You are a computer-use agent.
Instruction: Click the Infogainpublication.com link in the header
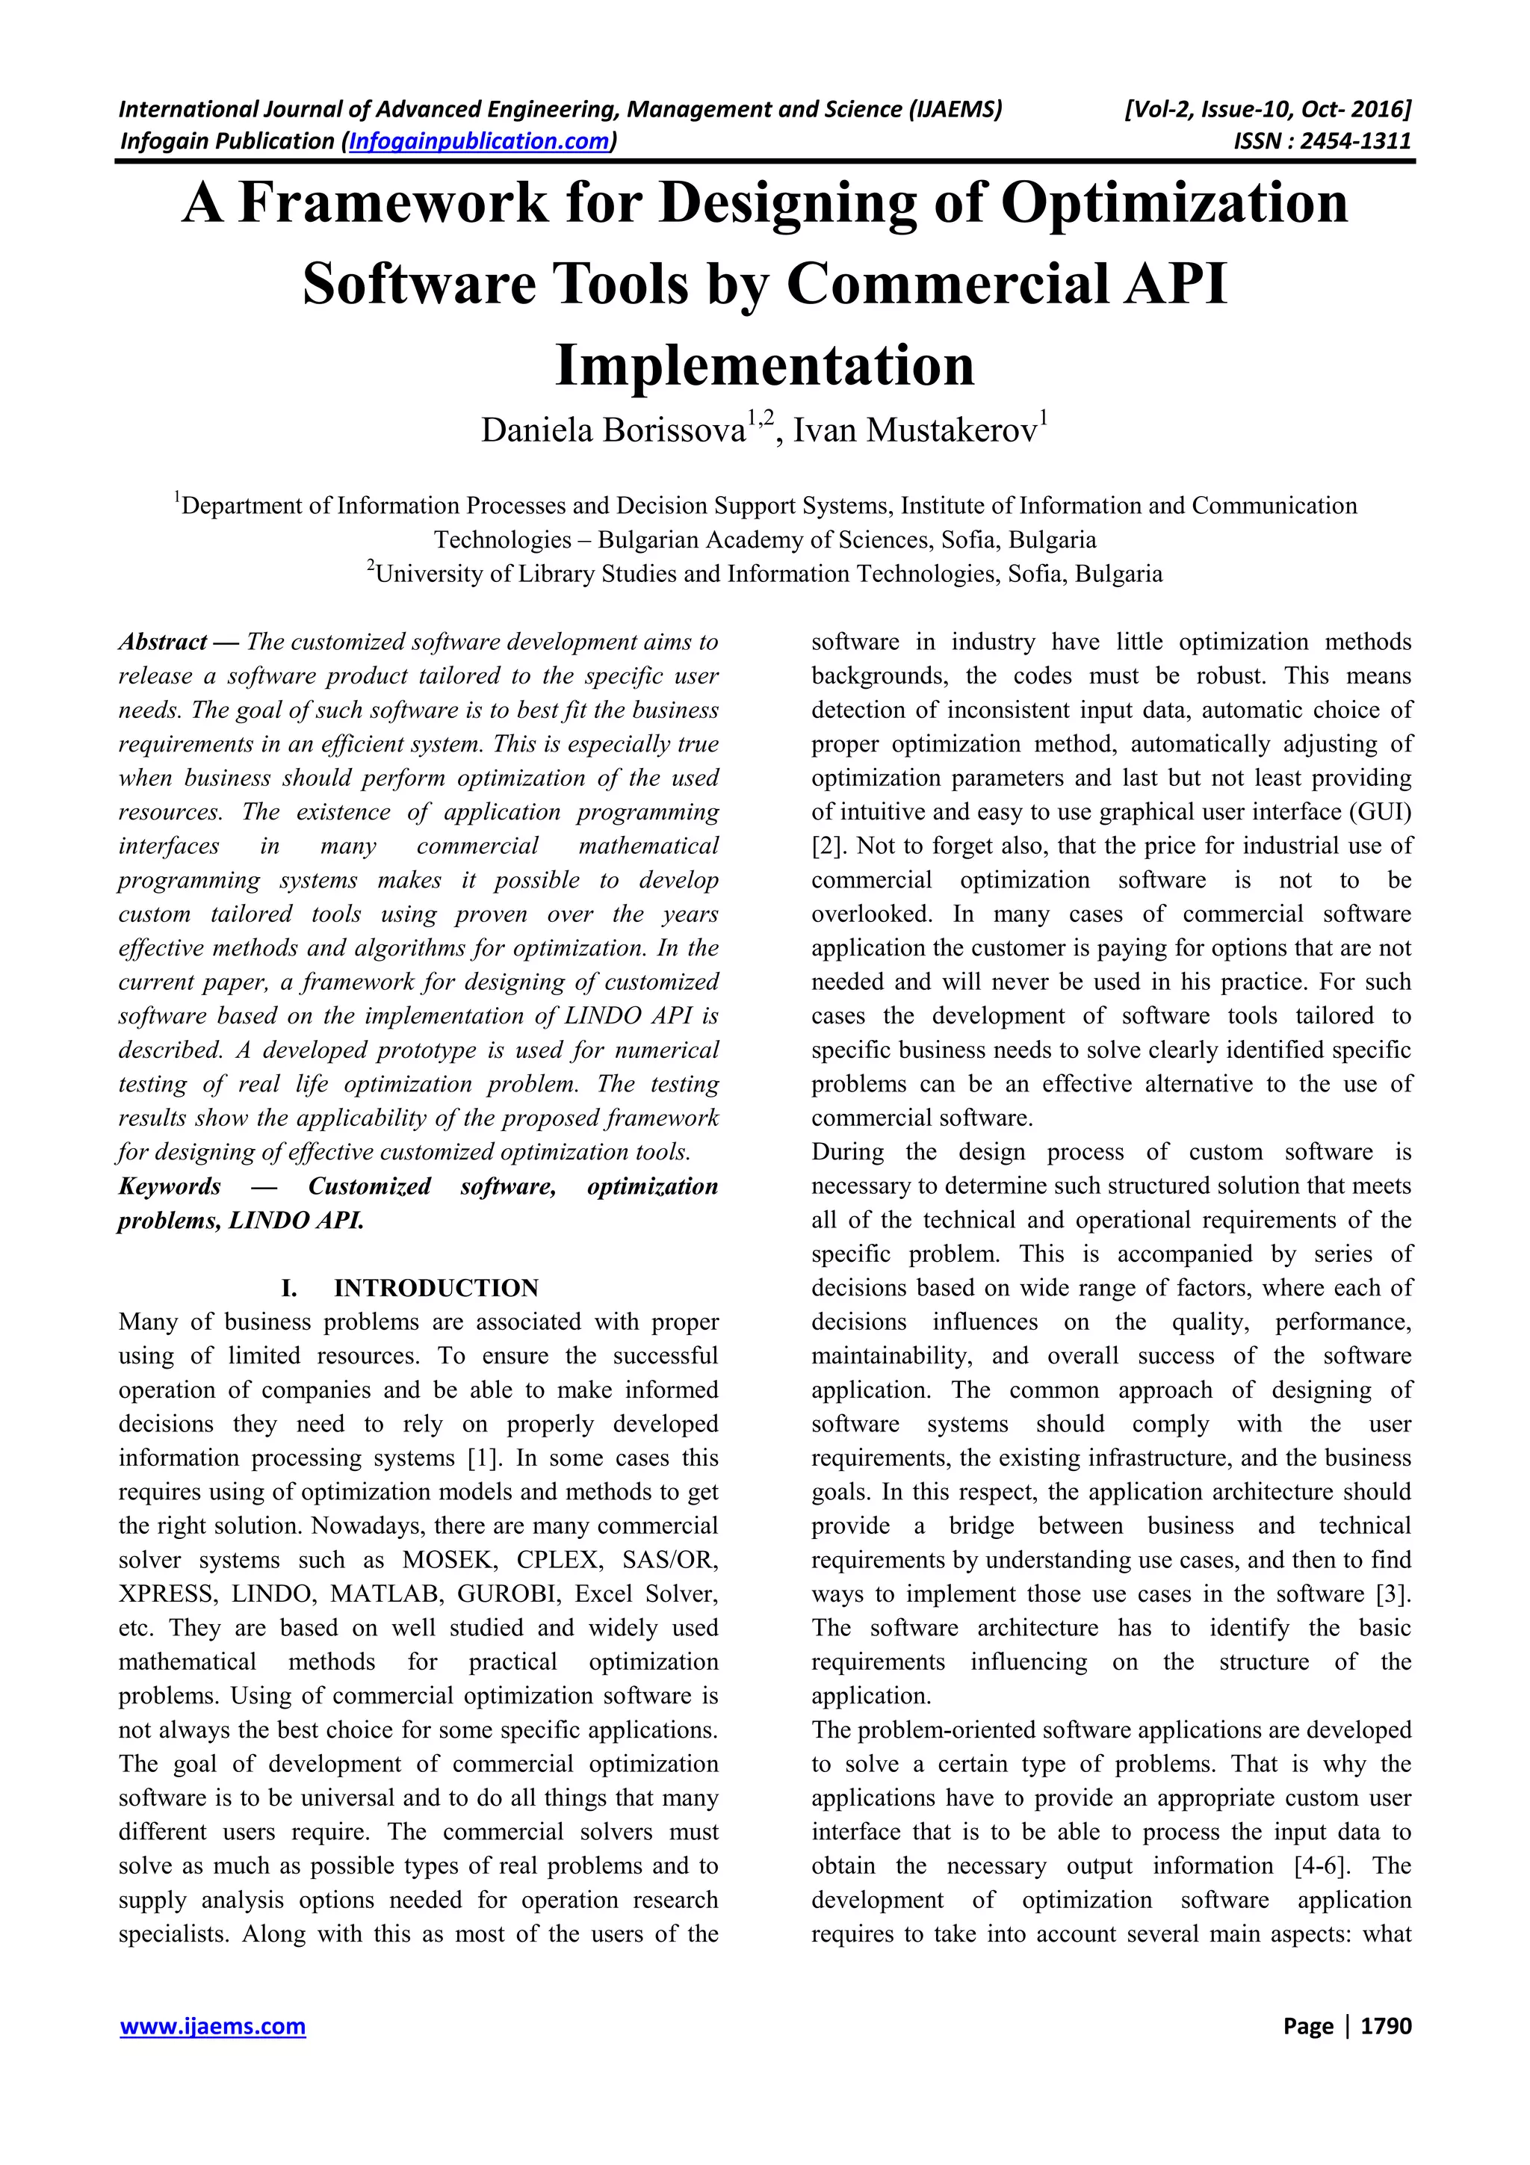[x=479, y=141]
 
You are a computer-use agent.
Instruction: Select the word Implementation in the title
[x=764, y=366]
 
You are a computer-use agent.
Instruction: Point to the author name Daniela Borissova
[x=613, y=431]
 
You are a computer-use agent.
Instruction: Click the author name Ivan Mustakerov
[x=914, y=431]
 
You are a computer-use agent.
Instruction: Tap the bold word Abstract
[x=162, y=642]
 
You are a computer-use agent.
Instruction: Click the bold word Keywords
[x=170, y=1186]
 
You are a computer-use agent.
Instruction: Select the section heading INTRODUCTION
[x=436, y=1288]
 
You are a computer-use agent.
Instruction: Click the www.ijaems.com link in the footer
[x=212, y=2026]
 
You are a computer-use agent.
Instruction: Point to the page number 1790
[x=1387, y=2026]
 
